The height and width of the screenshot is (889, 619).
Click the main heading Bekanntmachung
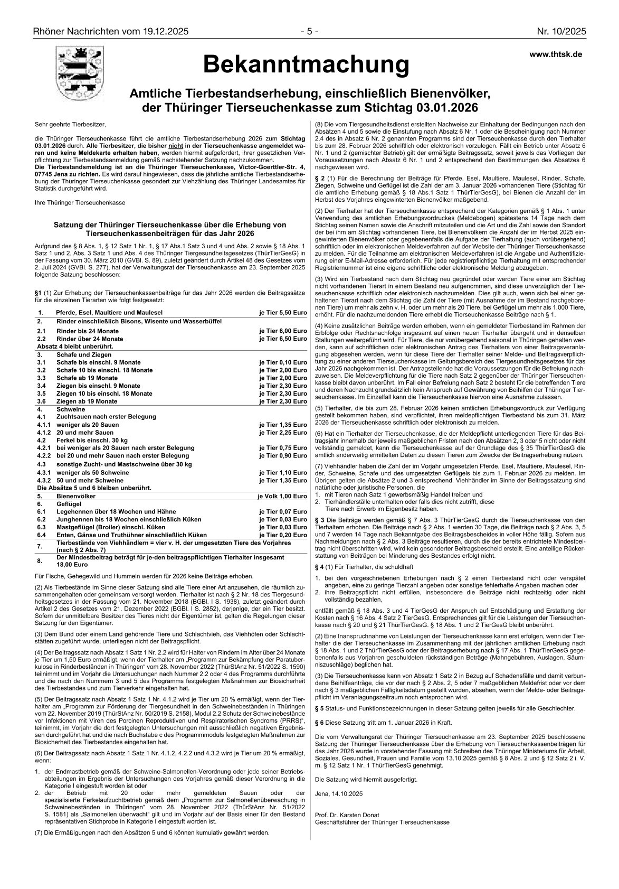pyautogui.click(x=306, y=65)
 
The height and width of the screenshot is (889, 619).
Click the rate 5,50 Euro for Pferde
pyautogui.click(x=283, y=313)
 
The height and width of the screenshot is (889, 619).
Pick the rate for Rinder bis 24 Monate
pyautogui.click(x=283, y=331)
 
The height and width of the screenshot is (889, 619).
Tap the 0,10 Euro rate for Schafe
pyautogui.click(x=283, y=363)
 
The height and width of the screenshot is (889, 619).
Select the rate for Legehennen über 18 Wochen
pyautogui.click(x=283, y=512)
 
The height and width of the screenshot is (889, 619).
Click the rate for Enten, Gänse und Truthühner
pyautogui.click(x=283, y=535)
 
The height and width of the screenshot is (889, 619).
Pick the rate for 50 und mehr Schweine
pyautogui.click(x=283, y=480)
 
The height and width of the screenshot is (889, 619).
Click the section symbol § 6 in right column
pyautogui.click(x=319, y=722)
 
